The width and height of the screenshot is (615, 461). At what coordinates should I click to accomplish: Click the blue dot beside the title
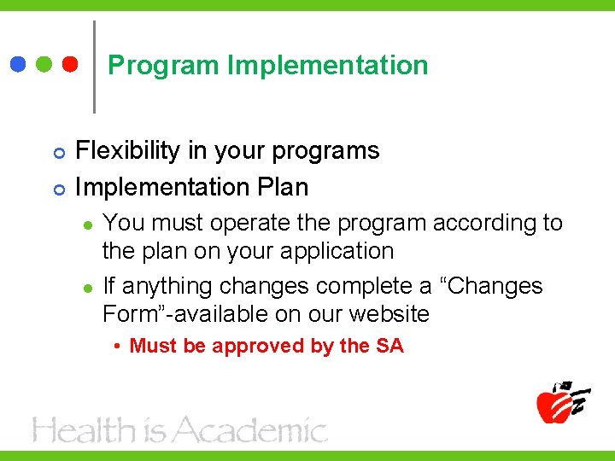pyautogui.click(x=18, y=65)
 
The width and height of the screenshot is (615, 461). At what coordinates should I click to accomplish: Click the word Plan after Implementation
pyautogui.click(x=281, y=186)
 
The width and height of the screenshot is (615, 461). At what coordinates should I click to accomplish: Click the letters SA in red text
pyautogui.click(x=389, y=346)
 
